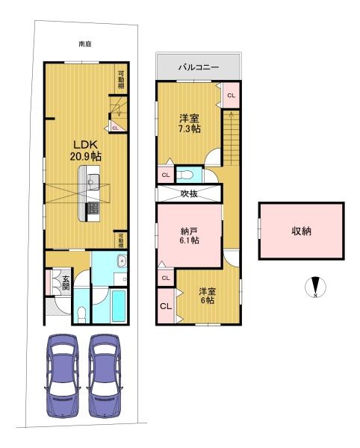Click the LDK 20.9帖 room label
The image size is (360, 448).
pyautogui.click(x=86, y=150)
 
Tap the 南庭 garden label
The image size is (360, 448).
pyautogui.click(x=85, y=44)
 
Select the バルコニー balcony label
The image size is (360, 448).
pyautogui.click(x=199, y=67)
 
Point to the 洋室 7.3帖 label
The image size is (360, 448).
pyautogui.click(x=190, y=123)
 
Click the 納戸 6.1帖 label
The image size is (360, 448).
pyautogui.click(x=189, y=235)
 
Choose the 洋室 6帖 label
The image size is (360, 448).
pyautogui.click(x=208, y=296)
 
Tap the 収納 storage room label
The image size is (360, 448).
pyautogui.click(x=301, y=231)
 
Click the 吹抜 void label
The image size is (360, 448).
pyautogui.click(x=189, y=193)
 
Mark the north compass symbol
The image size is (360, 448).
pyautogui.click(x=315, y=287)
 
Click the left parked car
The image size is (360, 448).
pyautogui.click(x=62, y=376)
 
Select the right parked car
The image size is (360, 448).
pyautogui.click(x=105, y=376)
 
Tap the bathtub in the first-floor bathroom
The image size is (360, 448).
pyautogui.click(x=119, y=306)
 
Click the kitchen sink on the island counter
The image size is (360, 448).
pyautogui.click(x=93, y=180)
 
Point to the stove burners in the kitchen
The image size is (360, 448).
pyautogui.click(x=93, y=208)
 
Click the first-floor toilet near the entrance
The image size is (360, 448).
pyautogui.click(x=81, y=314)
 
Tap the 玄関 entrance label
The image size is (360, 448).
pyautogui.click(x=66, y=283)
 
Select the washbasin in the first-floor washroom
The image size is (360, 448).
pyautogui.click(x=122, y=261)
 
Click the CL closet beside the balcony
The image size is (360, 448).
pyautogui.click(x=231, y=96)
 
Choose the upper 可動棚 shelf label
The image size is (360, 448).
pyautogui.click(x=121, y=80)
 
